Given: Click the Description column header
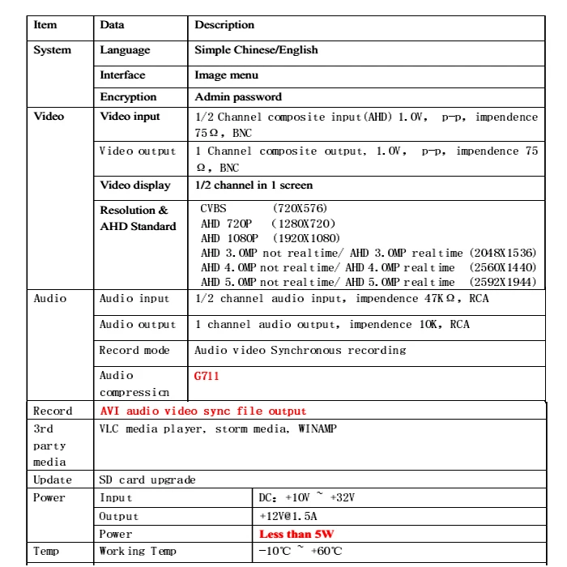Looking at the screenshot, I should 224,25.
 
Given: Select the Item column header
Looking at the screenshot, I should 45,25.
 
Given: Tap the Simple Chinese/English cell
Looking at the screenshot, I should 256,50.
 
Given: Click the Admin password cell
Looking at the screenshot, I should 238,97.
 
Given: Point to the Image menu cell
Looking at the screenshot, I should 227,75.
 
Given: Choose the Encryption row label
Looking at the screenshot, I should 128,97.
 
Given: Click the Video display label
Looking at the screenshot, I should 135,185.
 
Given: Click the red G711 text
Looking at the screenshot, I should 207,377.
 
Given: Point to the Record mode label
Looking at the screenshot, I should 134,351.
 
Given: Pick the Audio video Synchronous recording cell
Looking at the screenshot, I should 300,351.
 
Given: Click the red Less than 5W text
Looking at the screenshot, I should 296,535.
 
